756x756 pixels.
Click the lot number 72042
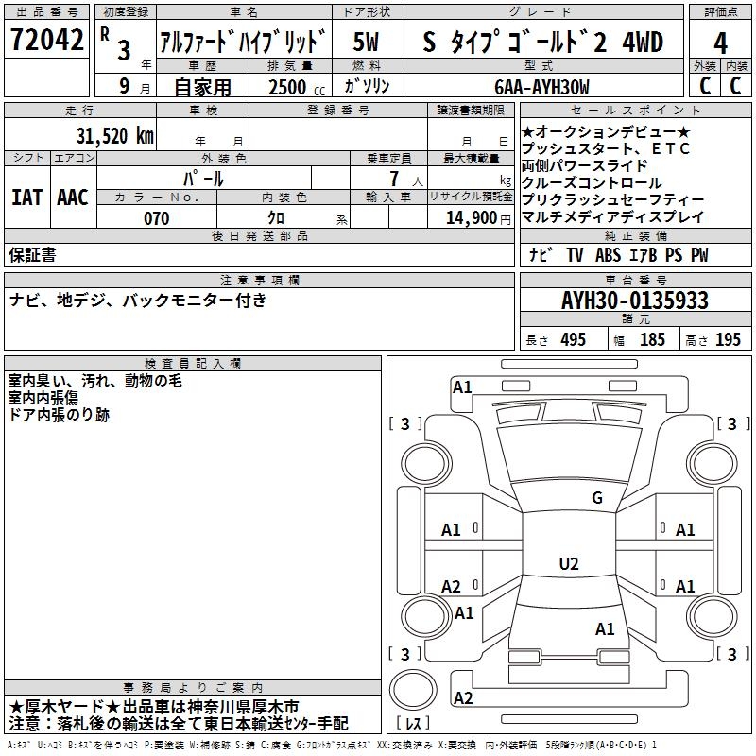tap(46, 40)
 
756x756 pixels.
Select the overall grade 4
tap(720, 43)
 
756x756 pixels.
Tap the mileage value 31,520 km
tap(114, 136)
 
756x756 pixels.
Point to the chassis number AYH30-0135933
tap(635, 301)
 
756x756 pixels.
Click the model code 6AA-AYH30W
tap(541, 87)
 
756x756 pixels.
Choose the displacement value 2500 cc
tap(297, 87)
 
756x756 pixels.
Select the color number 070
tap(157, 218)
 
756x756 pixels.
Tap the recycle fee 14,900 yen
tap(478, 218)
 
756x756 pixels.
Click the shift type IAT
tap(27, 198)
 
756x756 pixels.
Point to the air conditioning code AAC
tap(73, 198)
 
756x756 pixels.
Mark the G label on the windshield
tap(597, 497)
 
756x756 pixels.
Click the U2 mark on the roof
tap(569, 563)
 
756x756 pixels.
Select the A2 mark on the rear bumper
tap(463, 697)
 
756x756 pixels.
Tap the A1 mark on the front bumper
tap(462, 387)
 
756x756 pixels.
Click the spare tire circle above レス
tap(413, 689)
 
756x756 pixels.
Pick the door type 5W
tap(366, 42)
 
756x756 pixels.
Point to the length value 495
tap(574, 339)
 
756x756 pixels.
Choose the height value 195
tap(728, 339)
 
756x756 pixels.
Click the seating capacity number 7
tap(394, 179)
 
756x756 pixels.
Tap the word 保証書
tap(32, 254)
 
